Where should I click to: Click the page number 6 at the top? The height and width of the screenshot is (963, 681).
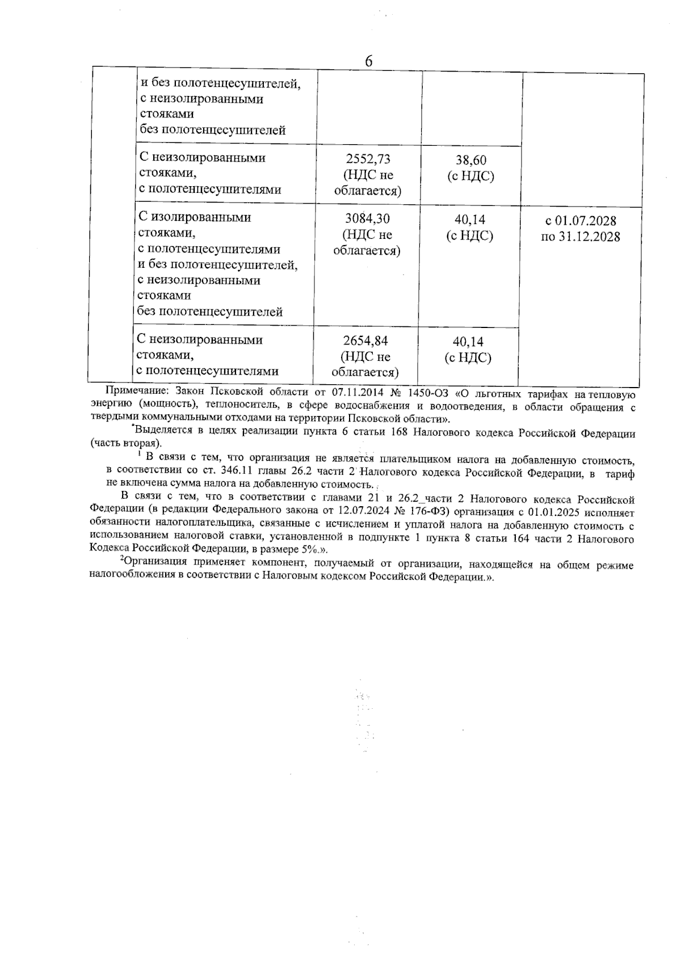coord(368,61)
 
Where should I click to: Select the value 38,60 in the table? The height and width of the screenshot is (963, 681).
coord(470,161)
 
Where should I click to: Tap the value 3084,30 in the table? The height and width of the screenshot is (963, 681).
coord(367,219)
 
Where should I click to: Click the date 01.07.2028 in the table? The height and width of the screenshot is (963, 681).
coord(588,221)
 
